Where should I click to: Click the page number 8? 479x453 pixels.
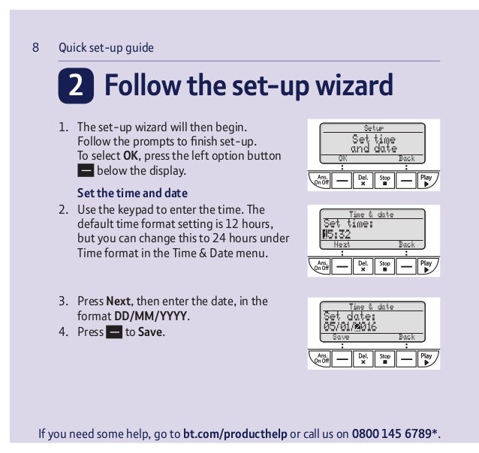pyautogui.click(x=35, y=47)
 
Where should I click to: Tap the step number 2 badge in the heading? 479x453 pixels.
pyautogui.click(x=76, y=85)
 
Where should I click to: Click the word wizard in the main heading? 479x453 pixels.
pyautogui.click(x=354, y=85)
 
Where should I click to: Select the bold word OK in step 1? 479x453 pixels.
pyautogui.click(x=131, y=156)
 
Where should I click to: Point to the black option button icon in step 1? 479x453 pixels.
pyautogui.click(x=86, y=170)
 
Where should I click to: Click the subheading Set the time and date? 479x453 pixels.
pyautogui.click(x=132, y=193)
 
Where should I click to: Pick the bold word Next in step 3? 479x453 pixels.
pyautogui.click(x=119, y=301)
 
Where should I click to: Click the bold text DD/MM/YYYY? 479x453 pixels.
pyautogui.click(x=150, y=316)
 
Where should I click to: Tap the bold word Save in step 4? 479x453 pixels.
pyautogui.click(x=150, y=331)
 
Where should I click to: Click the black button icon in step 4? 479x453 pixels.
pyautogui.click(x=114, y=331)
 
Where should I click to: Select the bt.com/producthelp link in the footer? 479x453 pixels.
pyautogui.click(x=235, y=433)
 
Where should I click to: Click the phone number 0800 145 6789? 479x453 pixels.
pyautogui.click(x=392, y=433)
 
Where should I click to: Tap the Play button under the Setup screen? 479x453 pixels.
pyautogui.click(x=428, y=180)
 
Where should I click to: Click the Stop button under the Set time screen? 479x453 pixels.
pyautogui.click(x=384, y=266)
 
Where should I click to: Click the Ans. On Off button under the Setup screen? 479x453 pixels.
pyautogui.click(x=320, y=180)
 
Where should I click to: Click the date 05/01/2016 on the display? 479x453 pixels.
pyautogui.click(x=350, y=326)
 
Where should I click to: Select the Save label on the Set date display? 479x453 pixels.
pyautogui.click(x=341, y=337)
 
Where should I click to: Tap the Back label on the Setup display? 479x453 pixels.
pyautogui.click(x=407, y=158)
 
